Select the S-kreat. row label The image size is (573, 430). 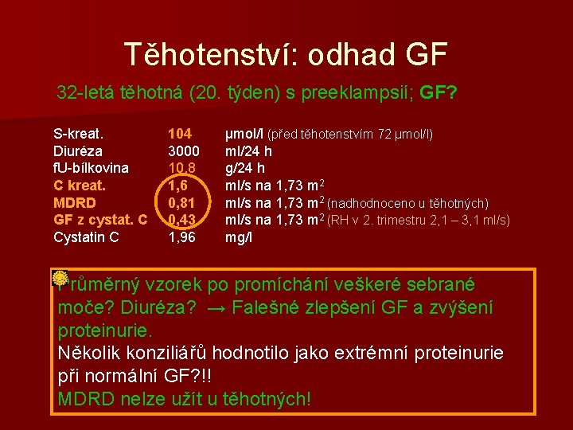click(x=78, y=134)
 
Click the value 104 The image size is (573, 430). click(x=180, y=134)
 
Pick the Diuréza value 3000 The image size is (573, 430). click(x=183, y=150)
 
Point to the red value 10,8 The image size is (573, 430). click(x=183, y=168)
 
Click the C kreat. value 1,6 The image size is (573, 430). click(x=178, y=186)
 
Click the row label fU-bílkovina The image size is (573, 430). click(x=91, y=168)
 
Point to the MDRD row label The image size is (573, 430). click(x=75, y=202)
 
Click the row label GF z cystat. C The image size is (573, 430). click(x=100, y=220)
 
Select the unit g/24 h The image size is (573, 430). click(x=245, y=168)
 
